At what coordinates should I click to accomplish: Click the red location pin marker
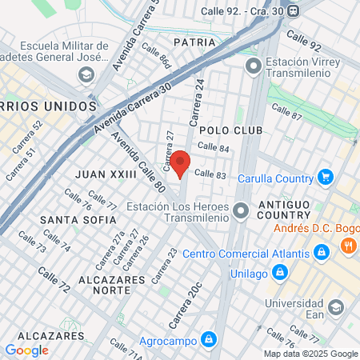coord(181,164)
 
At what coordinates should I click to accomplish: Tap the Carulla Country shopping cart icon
coord(325,177)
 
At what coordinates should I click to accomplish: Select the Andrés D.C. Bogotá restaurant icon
coord(348,246)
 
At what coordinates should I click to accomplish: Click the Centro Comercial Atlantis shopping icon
coord(321,254)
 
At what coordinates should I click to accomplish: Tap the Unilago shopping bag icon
coord(279,273)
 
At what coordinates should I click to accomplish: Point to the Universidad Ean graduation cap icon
coord(336,306)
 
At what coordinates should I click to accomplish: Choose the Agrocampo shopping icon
coord(208,339)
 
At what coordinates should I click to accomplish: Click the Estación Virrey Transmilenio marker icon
coord(254,66)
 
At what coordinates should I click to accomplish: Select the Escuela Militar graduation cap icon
coord(86,75)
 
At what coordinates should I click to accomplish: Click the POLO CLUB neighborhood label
coord(225,129)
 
